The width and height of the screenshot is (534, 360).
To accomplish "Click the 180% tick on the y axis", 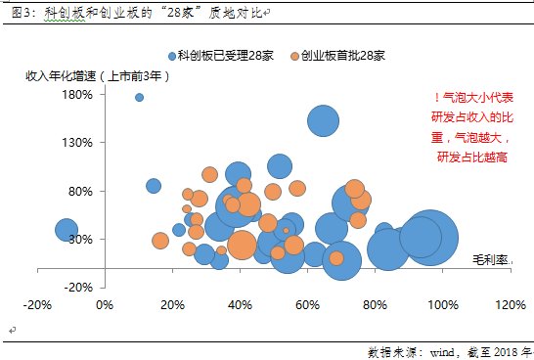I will tap(77, 95).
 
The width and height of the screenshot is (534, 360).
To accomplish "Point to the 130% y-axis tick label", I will tap(77, 143).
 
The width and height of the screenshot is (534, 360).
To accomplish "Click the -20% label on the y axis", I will tap(77, 287).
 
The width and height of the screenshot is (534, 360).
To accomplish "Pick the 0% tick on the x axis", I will tap(106, 304).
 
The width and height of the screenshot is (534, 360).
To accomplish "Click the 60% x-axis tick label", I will tap(307, 304).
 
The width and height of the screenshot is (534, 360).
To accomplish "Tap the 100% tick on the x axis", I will tap(441, 304).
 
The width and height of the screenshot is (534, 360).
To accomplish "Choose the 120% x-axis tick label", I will tap(509, 304).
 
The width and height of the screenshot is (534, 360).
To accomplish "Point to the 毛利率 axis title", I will tap(492, 259).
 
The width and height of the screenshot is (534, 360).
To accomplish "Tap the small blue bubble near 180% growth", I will tap(139, 97).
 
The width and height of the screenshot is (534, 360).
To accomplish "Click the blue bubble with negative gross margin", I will tap(66, 230).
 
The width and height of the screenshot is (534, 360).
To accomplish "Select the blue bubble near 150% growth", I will tap(324, 120).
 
